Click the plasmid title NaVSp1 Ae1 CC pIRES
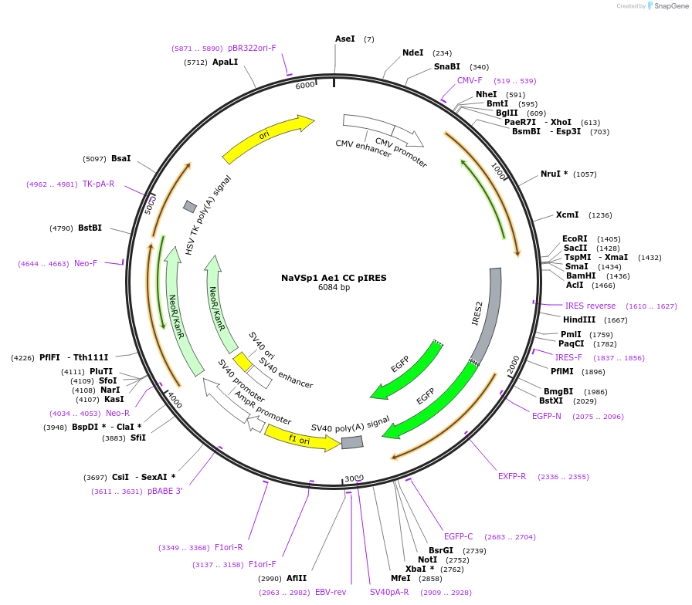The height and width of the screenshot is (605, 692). (334, 278)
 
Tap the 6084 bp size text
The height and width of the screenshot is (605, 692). (334, 288)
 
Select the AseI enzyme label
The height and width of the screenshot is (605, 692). (344, 39)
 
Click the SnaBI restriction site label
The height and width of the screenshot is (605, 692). (446, 66)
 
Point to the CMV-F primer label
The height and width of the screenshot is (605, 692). (470, 80)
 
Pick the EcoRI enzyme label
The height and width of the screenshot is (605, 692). (575, 239)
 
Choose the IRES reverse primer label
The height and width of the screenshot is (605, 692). (590, 306)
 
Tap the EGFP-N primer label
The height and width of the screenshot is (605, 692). (547, 417)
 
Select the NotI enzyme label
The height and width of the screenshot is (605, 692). (427, 559)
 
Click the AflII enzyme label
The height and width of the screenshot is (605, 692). (297, 578)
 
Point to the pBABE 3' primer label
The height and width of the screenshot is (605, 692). (165, 491)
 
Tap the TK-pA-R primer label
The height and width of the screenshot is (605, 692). (98, 184)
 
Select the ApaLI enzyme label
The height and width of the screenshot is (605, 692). (225, 62)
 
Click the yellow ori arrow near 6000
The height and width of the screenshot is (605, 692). (267, 139)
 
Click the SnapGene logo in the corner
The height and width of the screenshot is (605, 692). (666, 6)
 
